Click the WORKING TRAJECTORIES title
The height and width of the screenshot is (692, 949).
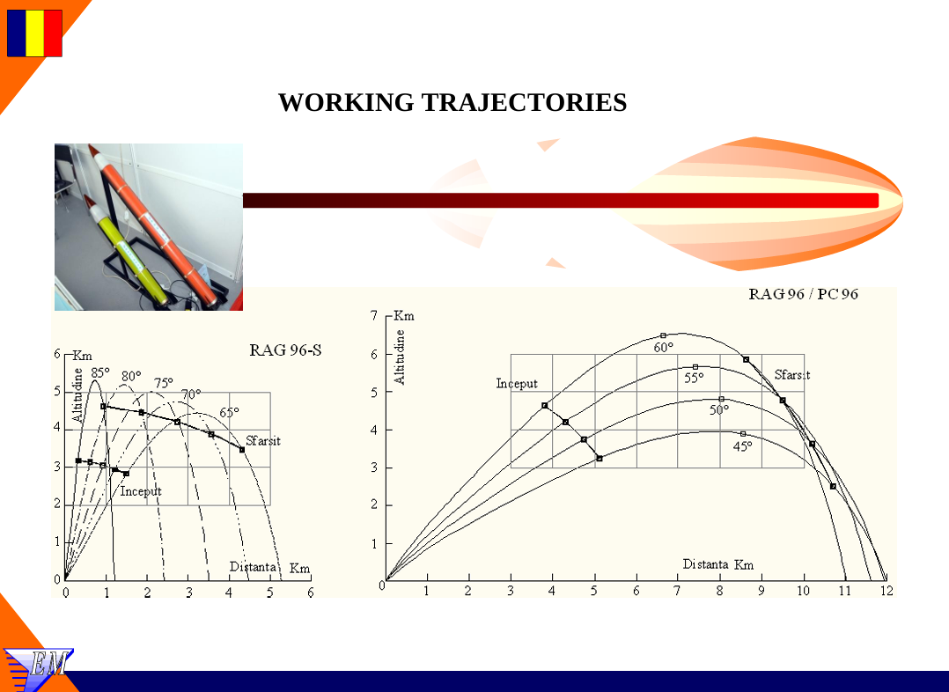tap(452, 102)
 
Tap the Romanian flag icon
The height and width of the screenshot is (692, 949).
tap(34, 33)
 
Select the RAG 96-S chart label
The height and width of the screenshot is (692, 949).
tap(285, 350)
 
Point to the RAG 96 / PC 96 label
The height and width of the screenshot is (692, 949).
tap(803, 294)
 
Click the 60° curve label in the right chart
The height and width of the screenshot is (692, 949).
tap(664, 348)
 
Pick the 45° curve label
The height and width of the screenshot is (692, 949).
tap(743, 446)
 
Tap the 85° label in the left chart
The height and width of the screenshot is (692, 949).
tap(100, 373)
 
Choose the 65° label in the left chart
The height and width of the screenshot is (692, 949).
tap(229, 412)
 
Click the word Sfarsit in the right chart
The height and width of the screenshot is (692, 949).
tap(792, 375)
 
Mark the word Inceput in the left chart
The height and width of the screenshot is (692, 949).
tap(141, 491)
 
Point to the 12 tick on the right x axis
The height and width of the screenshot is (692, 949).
tap(886, 591)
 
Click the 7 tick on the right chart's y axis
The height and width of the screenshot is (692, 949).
tap(374, 315)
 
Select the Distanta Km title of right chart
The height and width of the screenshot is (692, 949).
tap(718, 564)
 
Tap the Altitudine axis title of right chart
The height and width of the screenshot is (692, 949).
tap(400, 357)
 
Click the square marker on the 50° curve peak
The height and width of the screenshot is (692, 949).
tap(722, 399)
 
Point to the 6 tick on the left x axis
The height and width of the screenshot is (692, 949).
tap(311, 593)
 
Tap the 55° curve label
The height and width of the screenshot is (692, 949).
tap(694, 379)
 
